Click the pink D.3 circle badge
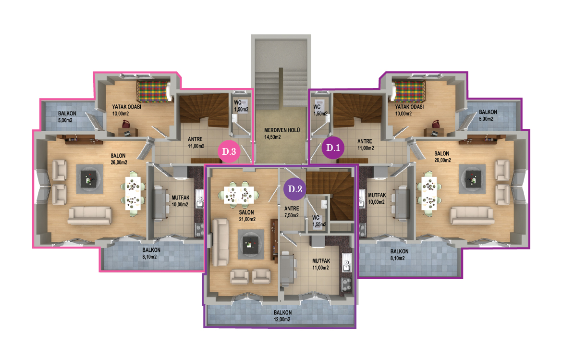point(229,151)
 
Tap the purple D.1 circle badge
point(333,148)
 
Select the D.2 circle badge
point(295,189)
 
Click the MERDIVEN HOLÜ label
point(282,130)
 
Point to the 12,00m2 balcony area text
point(281,319)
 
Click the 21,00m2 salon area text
point(247,219)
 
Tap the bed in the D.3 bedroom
point(154,91)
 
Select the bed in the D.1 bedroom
point(408,91)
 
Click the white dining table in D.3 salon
point(133,193)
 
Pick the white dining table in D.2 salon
point(239,195)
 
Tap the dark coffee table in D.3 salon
point(89,179)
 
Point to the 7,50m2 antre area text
point(292,215)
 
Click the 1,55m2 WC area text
point(319,224)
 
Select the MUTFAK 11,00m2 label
point(321,264)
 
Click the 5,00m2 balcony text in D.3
point(65,120)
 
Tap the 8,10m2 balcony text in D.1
point(398,259)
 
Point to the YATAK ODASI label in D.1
point(409,107)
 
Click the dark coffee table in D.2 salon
point(251,244)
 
